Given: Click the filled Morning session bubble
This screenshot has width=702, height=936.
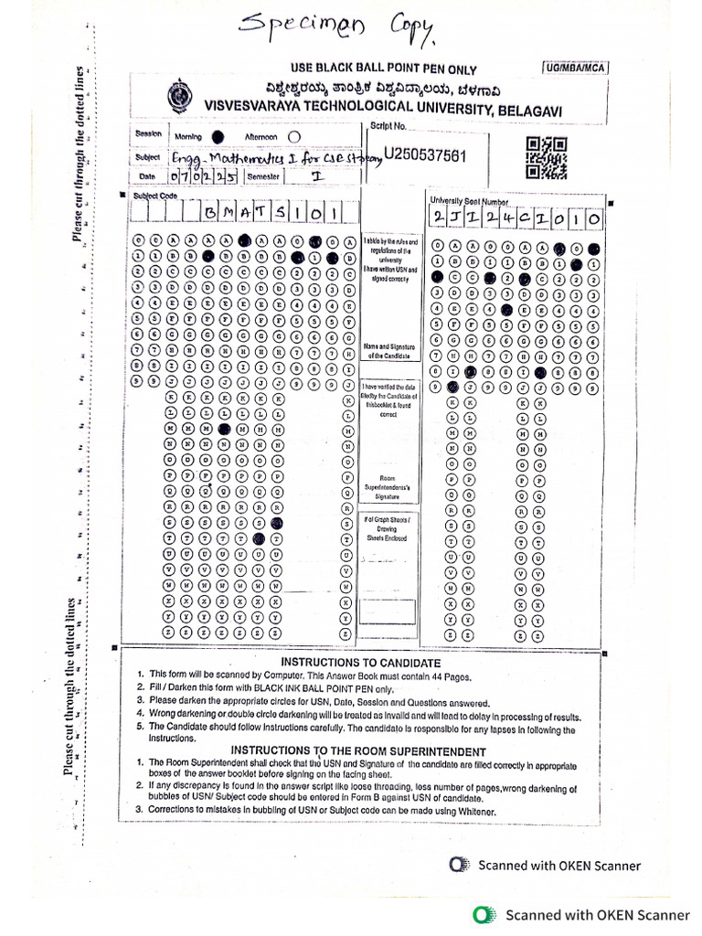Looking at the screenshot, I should [x=217, y=135].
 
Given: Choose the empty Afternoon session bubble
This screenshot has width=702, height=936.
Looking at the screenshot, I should [x=293, y=135].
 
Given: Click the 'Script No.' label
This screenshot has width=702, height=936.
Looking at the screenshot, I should [x=388, y=126].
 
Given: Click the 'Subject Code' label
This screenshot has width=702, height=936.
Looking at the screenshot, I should [x=154, y=196].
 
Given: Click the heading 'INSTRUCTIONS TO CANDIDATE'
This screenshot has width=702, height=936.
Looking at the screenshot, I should [x=347, y=662].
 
